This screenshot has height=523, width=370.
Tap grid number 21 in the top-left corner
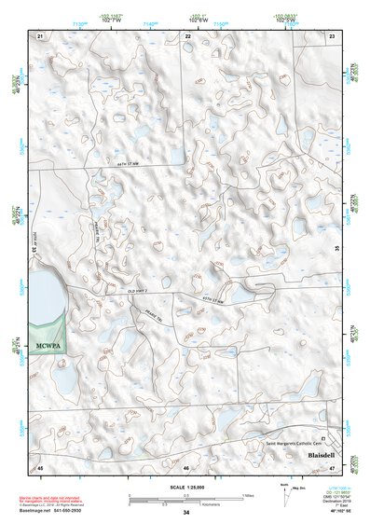[40, 35]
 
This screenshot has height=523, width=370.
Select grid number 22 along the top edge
[187, 35]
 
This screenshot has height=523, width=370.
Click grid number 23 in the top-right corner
[333, 35]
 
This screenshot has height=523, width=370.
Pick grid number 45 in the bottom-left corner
[40, 465]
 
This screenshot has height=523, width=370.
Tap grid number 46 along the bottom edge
[186, 465]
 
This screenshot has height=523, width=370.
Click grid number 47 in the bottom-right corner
[333, 465]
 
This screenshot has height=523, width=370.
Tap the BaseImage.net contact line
[60, 510]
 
